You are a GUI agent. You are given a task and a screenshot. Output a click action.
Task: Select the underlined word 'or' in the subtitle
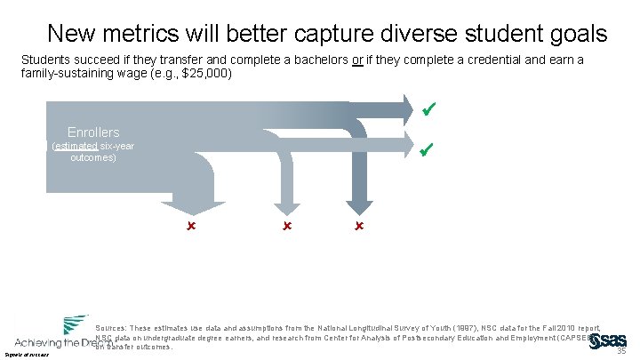[x=358, y=60]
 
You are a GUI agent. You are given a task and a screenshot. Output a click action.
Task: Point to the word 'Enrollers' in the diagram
[x=93, y=132]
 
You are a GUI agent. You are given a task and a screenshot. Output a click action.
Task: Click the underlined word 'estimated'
[x=73, y=146]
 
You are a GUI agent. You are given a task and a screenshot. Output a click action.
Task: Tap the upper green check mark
[x=428, y=110]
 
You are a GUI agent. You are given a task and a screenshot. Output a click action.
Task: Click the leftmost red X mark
[x=190, y=228]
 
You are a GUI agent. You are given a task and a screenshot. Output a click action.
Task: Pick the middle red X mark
[x=286, y=228]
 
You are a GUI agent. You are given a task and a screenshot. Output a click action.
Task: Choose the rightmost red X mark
[x=358, y=228]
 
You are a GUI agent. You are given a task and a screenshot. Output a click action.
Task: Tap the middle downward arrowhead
[x=286, y=207]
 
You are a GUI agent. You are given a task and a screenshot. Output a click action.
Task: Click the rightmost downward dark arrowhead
[x=358, y=207]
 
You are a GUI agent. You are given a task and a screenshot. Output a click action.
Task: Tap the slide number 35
[x=621, y=350]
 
